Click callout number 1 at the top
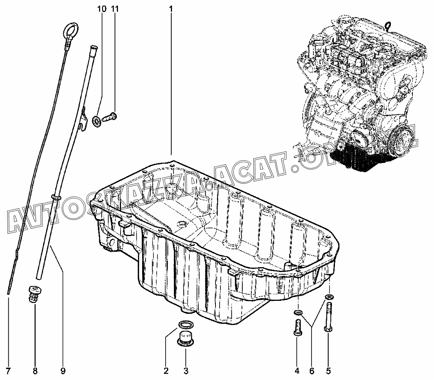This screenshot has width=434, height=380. pos(171,9)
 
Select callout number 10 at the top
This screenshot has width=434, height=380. pos(102,9)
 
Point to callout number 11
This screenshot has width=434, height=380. pos(115,9)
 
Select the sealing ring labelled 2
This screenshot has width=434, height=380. pos(185,324)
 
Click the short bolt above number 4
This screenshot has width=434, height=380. pos(297,327)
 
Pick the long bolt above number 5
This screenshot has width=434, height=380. pos(327,315)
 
